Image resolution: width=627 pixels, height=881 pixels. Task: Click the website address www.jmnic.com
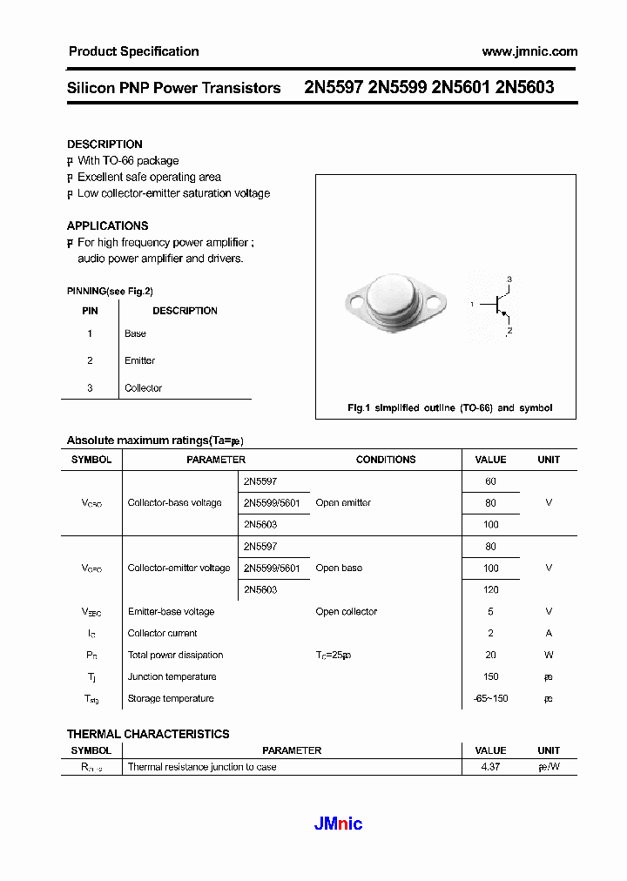529,51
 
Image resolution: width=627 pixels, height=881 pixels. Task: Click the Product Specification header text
133,51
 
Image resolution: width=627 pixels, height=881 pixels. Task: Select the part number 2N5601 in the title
461,88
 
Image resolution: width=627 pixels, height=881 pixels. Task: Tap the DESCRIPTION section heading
104,145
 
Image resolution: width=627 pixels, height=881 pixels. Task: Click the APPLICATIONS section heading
107,225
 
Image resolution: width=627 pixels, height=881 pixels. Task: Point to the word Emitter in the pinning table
139,360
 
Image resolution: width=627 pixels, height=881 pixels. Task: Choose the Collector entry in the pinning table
143,388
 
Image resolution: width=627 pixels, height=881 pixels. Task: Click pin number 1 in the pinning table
90,333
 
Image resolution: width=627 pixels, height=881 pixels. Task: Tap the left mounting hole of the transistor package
354,302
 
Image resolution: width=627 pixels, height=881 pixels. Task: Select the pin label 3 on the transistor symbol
509,279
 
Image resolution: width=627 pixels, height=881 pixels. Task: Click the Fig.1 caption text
449,407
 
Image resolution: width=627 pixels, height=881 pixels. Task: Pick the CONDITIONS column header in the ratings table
386,460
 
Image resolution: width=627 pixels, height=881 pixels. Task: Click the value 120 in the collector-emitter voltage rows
490,589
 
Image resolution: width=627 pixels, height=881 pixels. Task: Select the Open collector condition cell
347,611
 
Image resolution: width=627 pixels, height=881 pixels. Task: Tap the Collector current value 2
490,633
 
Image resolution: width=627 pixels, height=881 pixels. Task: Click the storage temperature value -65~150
490,698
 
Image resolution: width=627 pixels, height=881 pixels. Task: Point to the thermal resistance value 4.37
490,767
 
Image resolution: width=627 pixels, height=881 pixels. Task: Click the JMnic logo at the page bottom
338,824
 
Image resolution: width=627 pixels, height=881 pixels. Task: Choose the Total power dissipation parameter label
175,655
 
